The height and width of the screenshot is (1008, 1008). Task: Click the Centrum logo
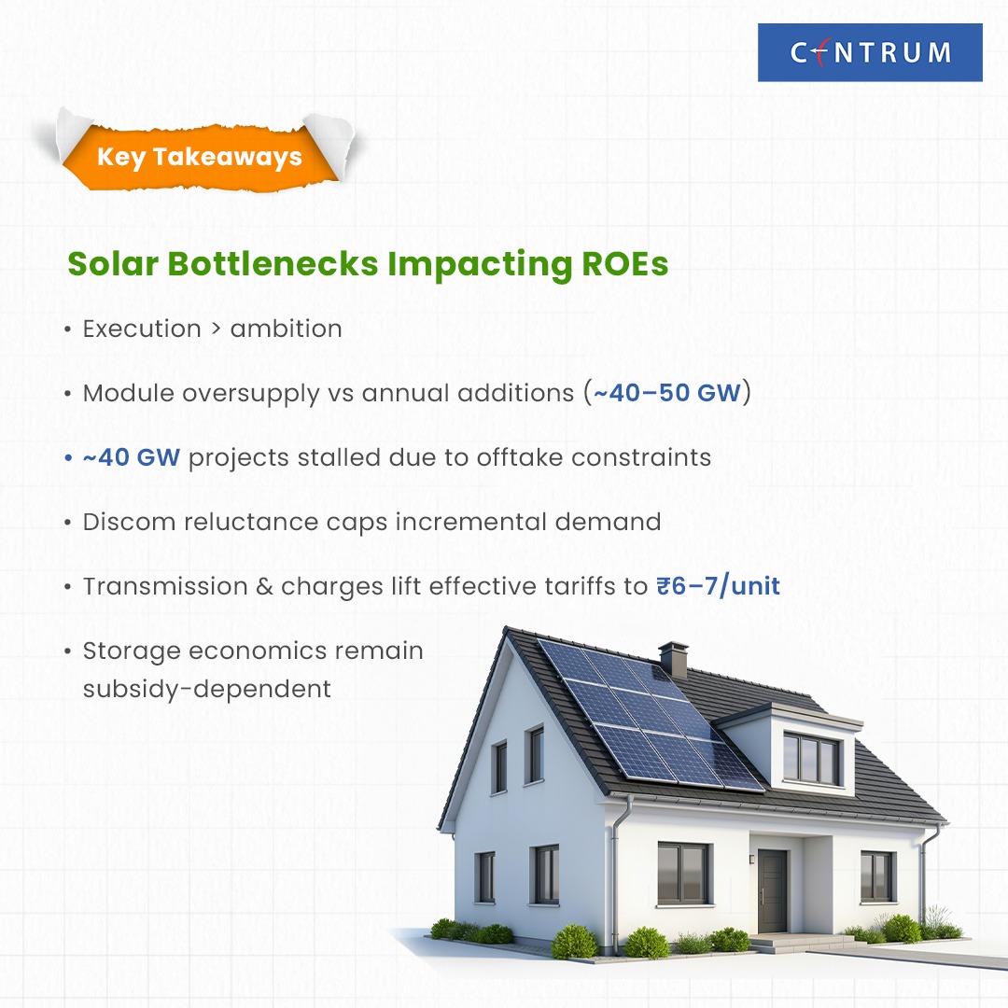870,52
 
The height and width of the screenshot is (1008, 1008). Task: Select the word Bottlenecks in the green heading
273,263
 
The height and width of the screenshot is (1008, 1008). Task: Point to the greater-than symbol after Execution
216,329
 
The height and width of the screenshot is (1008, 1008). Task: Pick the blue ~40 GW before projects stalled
132,457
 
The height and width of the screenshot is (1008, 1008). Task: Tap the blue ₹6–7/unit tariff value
718,586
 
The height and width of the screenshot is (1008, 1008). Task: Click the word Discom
129,522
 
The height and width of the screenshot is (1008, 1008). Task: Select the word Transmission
165,586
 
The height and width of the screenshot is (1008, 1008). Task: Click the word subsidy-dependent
207,689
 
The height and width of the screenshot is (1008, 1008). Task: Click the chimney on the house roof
673,659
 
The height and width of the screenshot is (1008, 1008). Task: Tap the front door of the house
772,890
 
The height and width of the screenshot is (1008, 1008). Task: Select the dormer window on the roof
811,759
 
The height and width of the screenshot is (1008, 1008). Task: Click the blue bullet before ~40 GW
68,458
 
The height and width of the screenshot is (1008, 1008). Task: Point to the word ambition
287,329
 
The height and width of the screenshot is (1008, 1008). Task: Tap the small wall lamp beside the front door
750,859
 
